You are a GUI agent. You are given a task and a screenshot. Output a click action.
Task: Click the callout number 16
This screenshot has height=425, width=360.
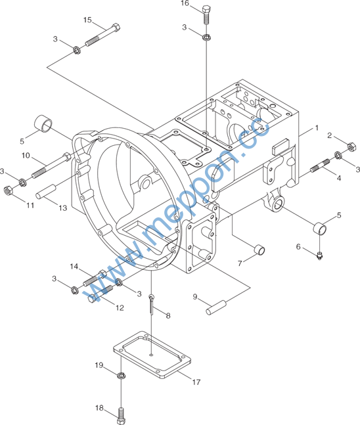[x=185, y=3]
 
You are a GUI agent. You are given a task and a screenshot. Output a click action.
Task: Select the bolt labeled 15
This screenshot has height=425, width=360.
[x=102, y=35]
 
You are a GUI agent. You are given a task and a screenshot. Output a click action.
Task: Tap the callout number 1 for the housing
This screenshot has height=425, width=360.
[x=317, y=127]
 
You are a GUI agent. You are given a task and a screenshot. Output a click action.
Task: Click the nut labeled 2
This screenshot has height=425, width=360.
[x=351, y=146]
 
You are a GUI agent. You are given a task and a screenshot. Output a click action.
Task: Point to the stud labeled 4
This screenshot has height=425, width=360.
[x=320, y=166]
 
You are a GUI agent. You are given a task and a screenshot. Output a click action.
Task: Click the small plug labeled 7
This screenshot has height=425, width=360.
[x=259, y=250]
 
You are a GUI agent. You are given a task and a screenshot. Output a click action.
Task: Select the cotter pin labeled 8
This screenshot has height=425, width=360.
[x=151, y=305]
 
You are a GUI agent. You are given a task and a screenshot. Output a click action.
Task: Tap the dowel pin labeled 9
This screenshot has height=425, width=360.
[x=216, y=307]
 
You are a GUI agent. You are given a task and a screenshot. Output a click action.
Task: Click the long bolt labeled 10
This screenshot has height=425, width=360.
[x=51, y=166]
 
